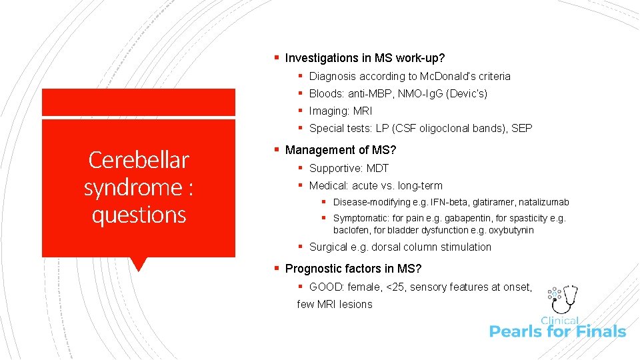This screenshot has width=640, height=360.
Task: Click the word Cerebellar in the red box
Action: [x=139, y=160]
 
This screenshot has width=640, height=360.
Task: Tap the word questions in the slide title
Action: [x=139, y=215]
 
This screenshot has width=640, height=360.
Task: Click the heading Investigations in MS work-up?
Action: [x=365, y=58]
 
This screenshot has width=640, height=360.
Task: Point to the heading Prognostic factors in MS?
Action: [x=353, y=269]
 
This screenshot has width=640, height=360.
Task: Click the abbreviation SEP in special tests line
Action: [x=521, y=129]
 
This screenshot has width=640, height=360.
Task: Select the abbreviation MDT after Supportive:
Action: [x=377, y=169]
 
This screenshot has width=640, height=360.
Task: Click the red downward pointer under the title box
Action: [x=139, y=264]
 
